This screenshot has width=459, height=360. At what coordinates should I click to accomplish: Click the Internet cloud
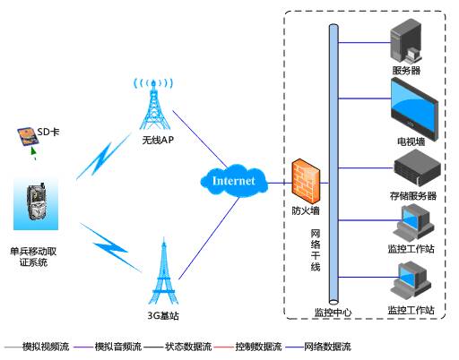tap(234, 180)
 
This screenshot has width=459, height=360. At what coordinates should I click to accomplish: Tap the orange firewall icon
tap(306, 181)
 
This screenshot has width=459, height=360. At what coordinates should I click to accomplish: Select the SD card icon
tap(28, 136)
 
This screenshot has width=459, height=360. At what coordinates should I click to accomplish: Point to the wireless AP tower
tap(153, 104)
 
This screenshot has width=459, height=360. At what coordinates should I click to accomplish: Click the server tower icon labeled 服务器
tap(406, 42)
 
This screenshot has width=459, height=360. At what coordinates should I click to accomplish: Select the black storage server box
tap(417, 167)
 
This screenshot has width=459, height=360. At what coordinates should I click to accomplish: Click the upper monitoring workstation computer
tap(413, 222)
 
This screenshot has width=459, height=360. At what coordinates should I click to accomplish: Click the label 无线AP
tap(158, 140)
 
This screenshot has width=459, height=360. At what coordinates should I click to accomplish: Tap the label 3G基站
tap(163, 315)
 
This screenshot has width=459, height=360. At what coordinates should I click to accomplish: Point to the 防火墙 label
tap(306, 210)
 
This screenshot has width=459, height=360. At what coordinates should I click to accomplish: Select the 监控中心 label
tap(333, 313)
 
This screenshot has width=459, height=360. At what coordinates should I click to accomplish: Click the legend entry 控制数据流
tap(258, 347)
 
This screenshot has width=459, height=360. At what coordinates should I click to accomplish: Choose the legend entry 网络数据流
tap(327, 347)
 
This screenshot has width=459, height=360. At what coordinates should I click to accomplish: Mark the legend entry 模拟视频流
tap(46, 347)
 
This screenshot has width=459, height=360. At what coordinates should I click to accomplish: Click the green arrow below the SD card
tap(33, 152)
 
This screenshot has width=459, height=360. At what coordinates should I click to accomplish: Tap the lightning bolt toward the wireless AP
tap(103, 157)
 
